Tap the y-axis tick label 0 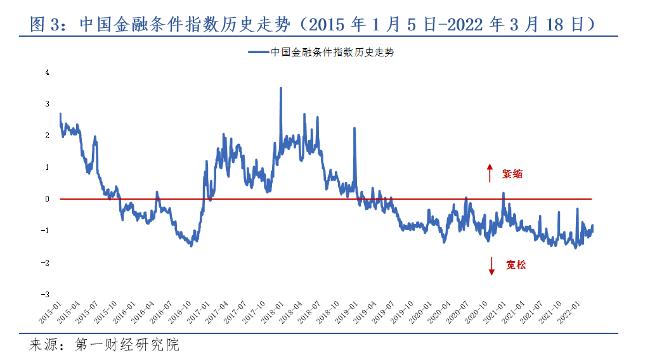[47, 198]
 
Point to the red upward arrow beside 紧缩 [490, 173]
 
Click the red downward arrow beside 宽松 [491, 265]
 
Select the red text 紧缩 [512, 174]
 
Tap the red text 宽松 [516, 265]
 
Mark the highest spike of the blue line [280, 89]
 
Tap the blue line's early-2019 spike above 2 [354, 129]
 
